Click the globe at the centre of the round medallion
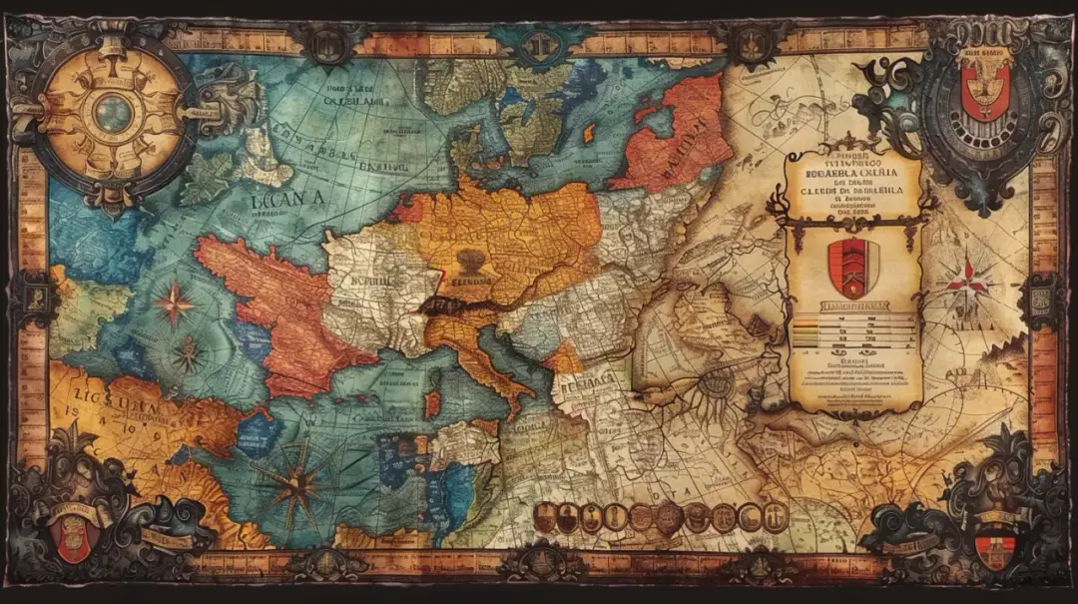[x=114, y=113]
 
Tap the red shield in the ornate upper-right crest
[x=985, y=88]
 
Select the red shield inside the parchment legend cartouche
[x=852, y=268]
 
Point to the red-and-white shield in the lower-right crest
[x=995, y=547]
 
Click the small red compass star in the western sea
[x=174, y=302]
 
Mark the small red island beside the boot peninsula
[x=432, y=403]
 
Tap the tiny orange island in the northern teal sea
[x=589, y=133]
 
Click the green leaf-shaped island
[x=206, y=177]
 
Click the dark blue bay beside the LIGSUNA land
[x=258, y=433]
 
